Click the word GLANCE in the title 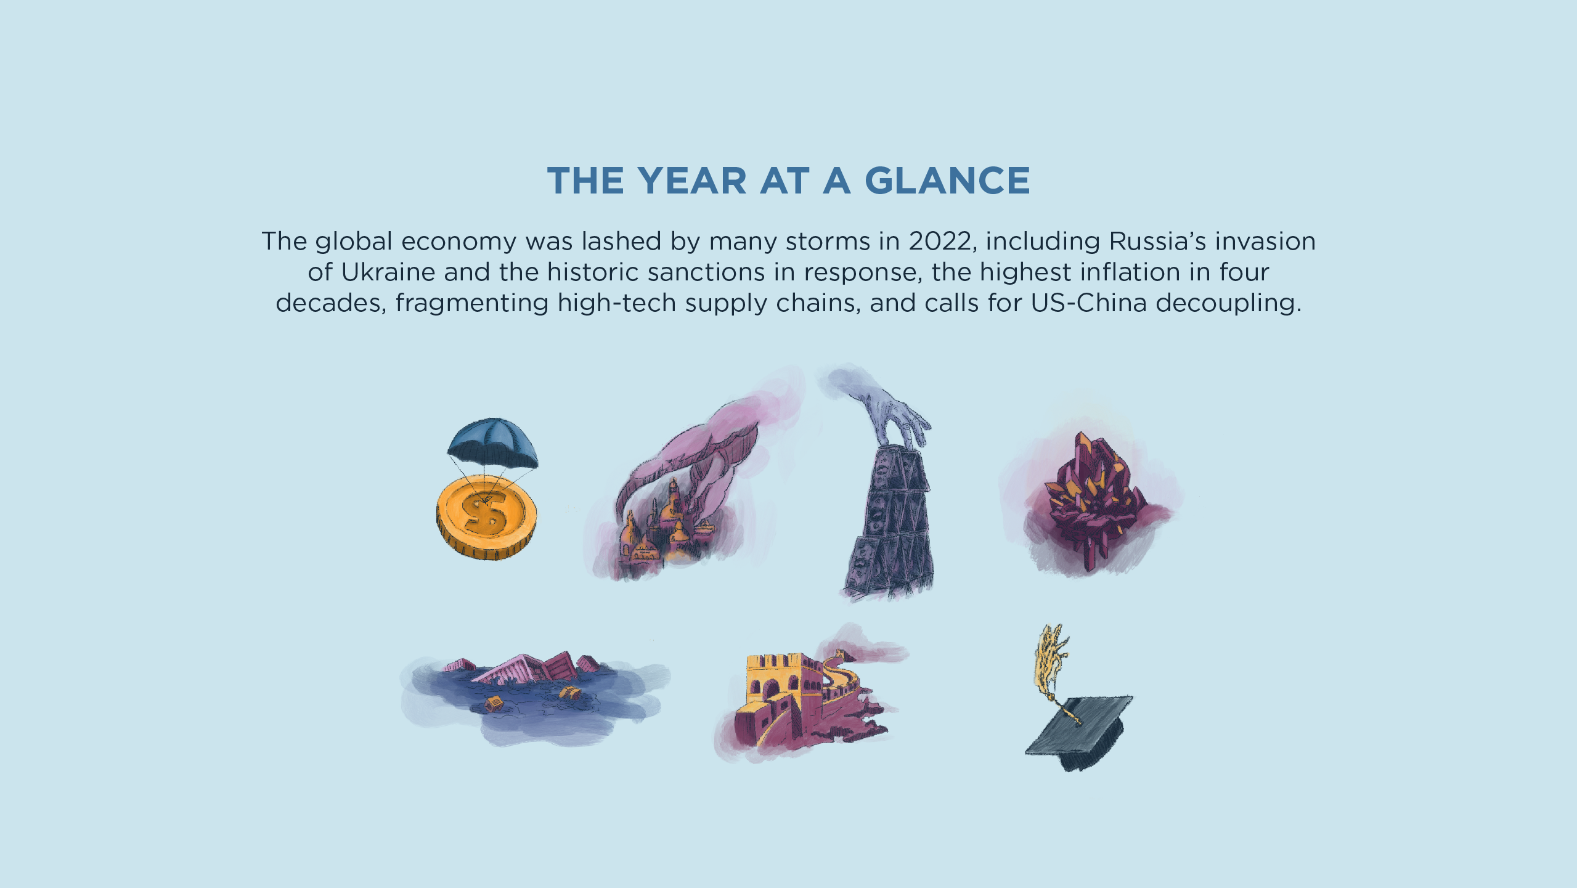pyautogui.click(x=947, y=181)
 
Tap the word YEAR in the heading pyautogui.click(x=692, y=181)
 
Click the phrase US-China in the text pyautogui.click(x=1088, y=303)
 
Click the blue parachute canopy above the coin pyautogui.click(x=492, y=442)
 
